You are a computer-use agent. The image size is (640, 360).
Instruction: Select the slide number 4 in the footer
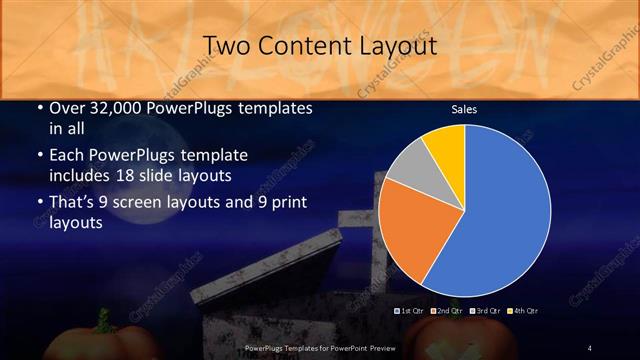(x=590, y=347)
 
